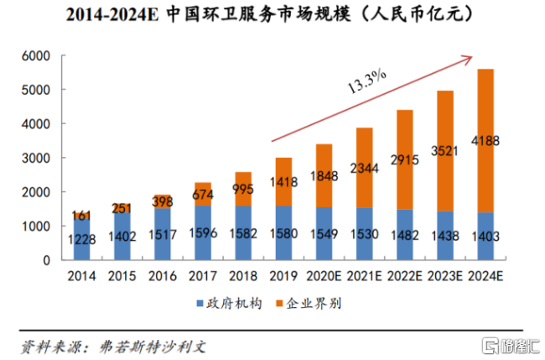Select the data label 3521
[446, 152]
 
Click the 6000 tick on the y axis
[36, 55]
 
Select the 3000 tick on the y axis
[36, 158]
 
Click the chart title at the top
[272, 14]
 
